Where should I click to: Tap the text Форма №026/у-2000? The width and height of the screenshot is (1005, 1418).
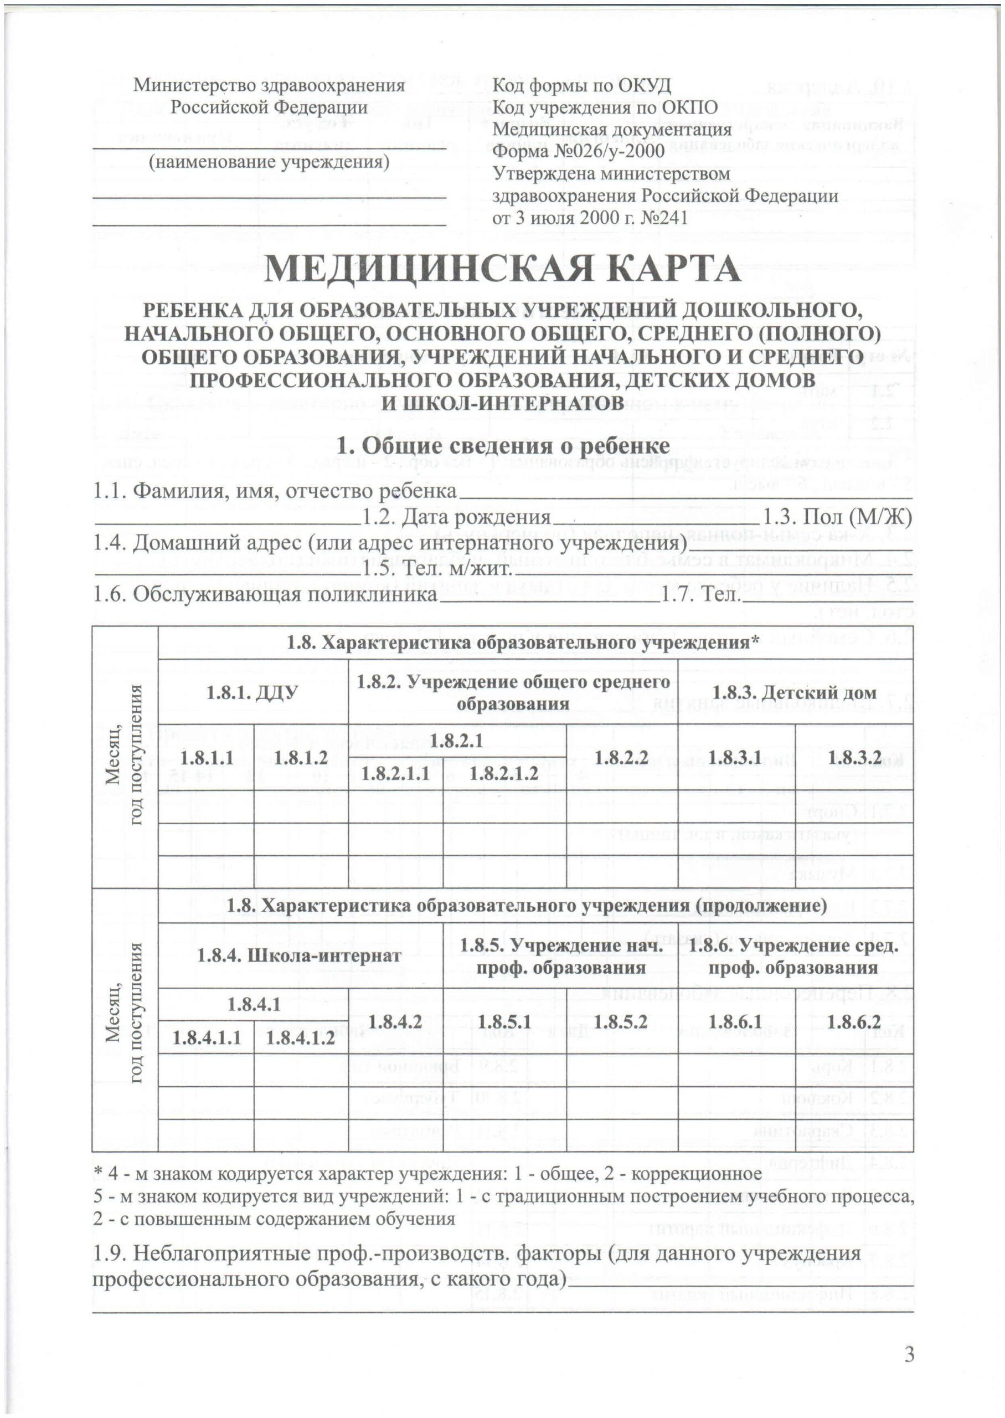(x=578, y=151)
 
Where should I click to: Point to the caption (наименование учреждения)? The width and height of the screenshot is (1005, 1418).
(x=269, y=162)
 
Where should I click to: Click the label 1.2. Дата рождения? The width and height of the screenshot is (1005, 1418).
(x=456, y=517)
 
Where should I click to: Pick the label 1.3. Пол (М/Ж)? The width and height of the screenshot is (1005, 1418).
(x=837, y=517)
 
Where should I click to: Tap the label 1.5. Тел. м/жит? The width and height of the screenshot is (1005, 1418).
(x=437, y=568)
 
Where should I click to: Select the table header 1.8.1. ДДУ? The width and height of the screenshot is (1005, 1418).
(x=253, y=692)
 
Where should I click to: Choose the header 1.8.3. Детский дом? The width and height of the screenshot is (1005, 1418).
(x=795, y=692)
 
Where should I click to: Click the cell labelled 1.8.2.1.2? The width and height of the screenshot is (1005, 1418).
(x=504, y=773)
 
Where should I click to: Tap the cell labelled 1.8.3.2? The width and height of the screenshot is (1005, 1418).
(x=854, y=758)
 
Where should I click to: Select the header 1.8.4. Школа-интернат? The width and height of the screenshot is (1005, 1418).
(x=298, y=974)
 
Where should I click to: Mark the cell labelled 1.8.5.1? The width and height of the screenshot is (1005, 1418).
(x=504, y=1021)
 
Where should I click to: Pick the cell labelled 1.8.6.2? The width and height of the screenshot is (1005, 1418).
(x=854, y=1021)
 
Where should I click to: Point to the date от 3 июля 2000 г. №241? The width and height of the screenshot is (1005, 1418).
(x=589, y=217)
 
